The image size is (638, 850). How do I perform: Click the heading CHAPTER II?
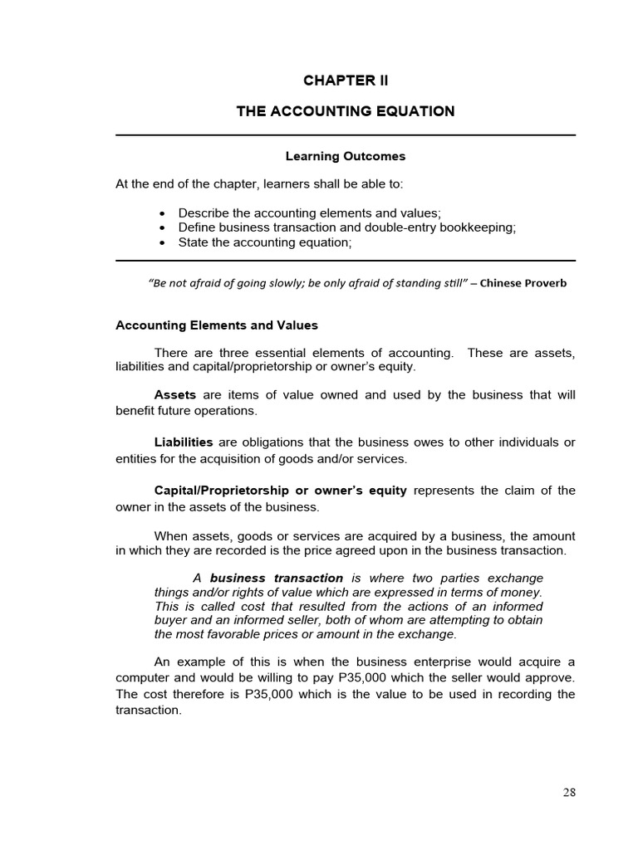pos(345,81)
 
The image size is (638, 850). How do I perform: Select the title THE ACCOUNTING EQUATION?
pos(345,111)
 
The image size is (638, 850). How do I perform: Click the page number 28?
pos(568,792)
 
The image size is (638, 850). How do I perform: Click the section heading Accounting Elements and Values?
pos(216,325)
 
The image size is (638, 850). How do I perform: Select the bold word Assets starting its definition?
pos(175,395)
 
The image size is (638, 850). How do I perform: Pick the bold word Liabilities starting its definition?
pos(184,442)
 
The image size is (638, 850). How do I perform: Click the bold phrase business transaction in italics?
pos(276,578)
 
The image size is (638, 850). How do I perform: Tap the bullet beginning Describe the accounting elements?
pos(309,213)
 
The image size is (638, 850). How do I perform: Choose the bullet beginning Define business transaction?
pos(346,227)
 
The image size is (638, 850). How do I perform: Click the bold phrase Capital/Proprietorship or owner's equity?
pos(280,491)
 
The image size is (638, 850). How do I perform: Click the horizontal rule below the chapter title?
pos(345,135)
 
